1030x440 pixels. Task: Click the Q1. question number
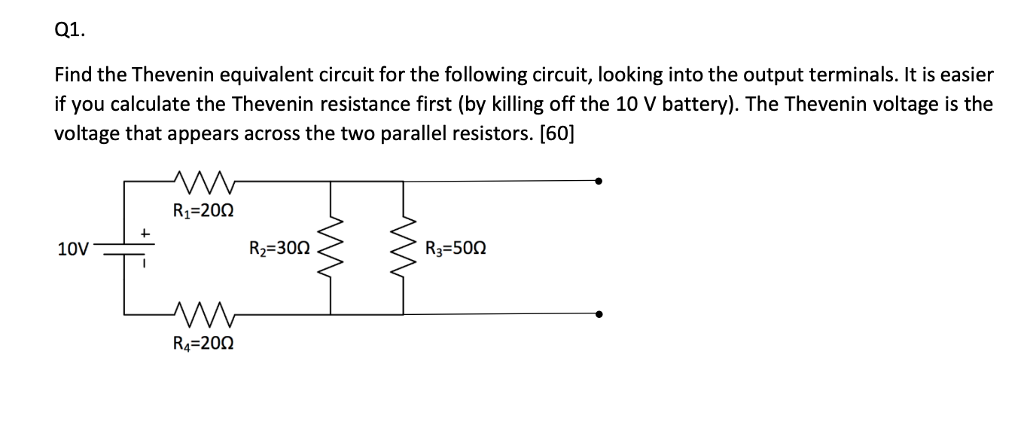tap(71, 30)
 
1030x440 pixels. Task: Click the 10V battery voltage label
tap(73, 248)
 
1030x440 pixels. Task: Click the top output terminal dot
tap(599, 181)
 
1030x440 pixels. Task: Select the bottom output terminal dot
tap(599, 314)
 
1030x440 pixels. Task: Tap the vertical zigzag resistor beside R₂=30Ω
tap(330, 247)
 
